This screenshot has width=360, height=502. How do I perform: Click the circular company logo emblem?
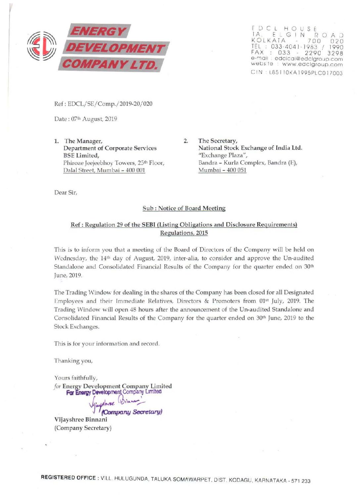[x=41, y=46]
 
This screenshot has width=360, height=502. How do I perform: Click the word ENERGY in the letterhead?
[x=98, y=31]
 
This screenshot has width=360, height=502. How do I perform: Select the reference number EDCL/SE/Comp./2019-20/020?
[x=110, y=104]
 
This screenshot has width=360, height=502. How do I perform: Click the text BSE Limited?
[x=81, y=155]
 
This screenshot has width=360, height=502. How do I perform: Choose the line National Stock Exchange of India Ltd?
[x=250, y=148]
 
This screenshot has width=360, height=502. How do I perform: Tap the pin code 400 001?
[x=135, y=170]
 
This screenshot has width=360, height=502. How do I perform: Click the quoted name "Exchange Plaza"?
[x=223, y=155]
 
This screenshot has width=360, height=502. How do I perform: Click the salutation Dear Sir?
[x=66, y=192]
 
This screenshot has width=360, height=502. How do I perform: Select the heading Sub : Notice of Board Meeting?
[x=184, y=208]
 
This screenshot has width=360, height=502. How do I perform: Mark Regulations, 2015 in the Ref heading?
[x=184, y=233]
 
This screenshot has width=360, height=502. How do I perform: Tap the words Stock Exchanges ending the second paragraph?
[x=76, y=327]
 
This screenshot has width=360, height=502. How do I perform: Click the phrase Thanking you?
[x=73, y=361]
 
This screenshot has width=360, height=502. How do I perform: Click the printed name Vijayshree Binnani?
[x=81, y=420]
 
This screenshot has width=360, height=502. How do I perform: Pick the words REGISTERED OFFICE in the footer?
[x=68, y=478]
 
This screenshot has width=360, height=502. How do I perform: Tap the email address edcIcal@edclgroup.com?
[x=309, y=59]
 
